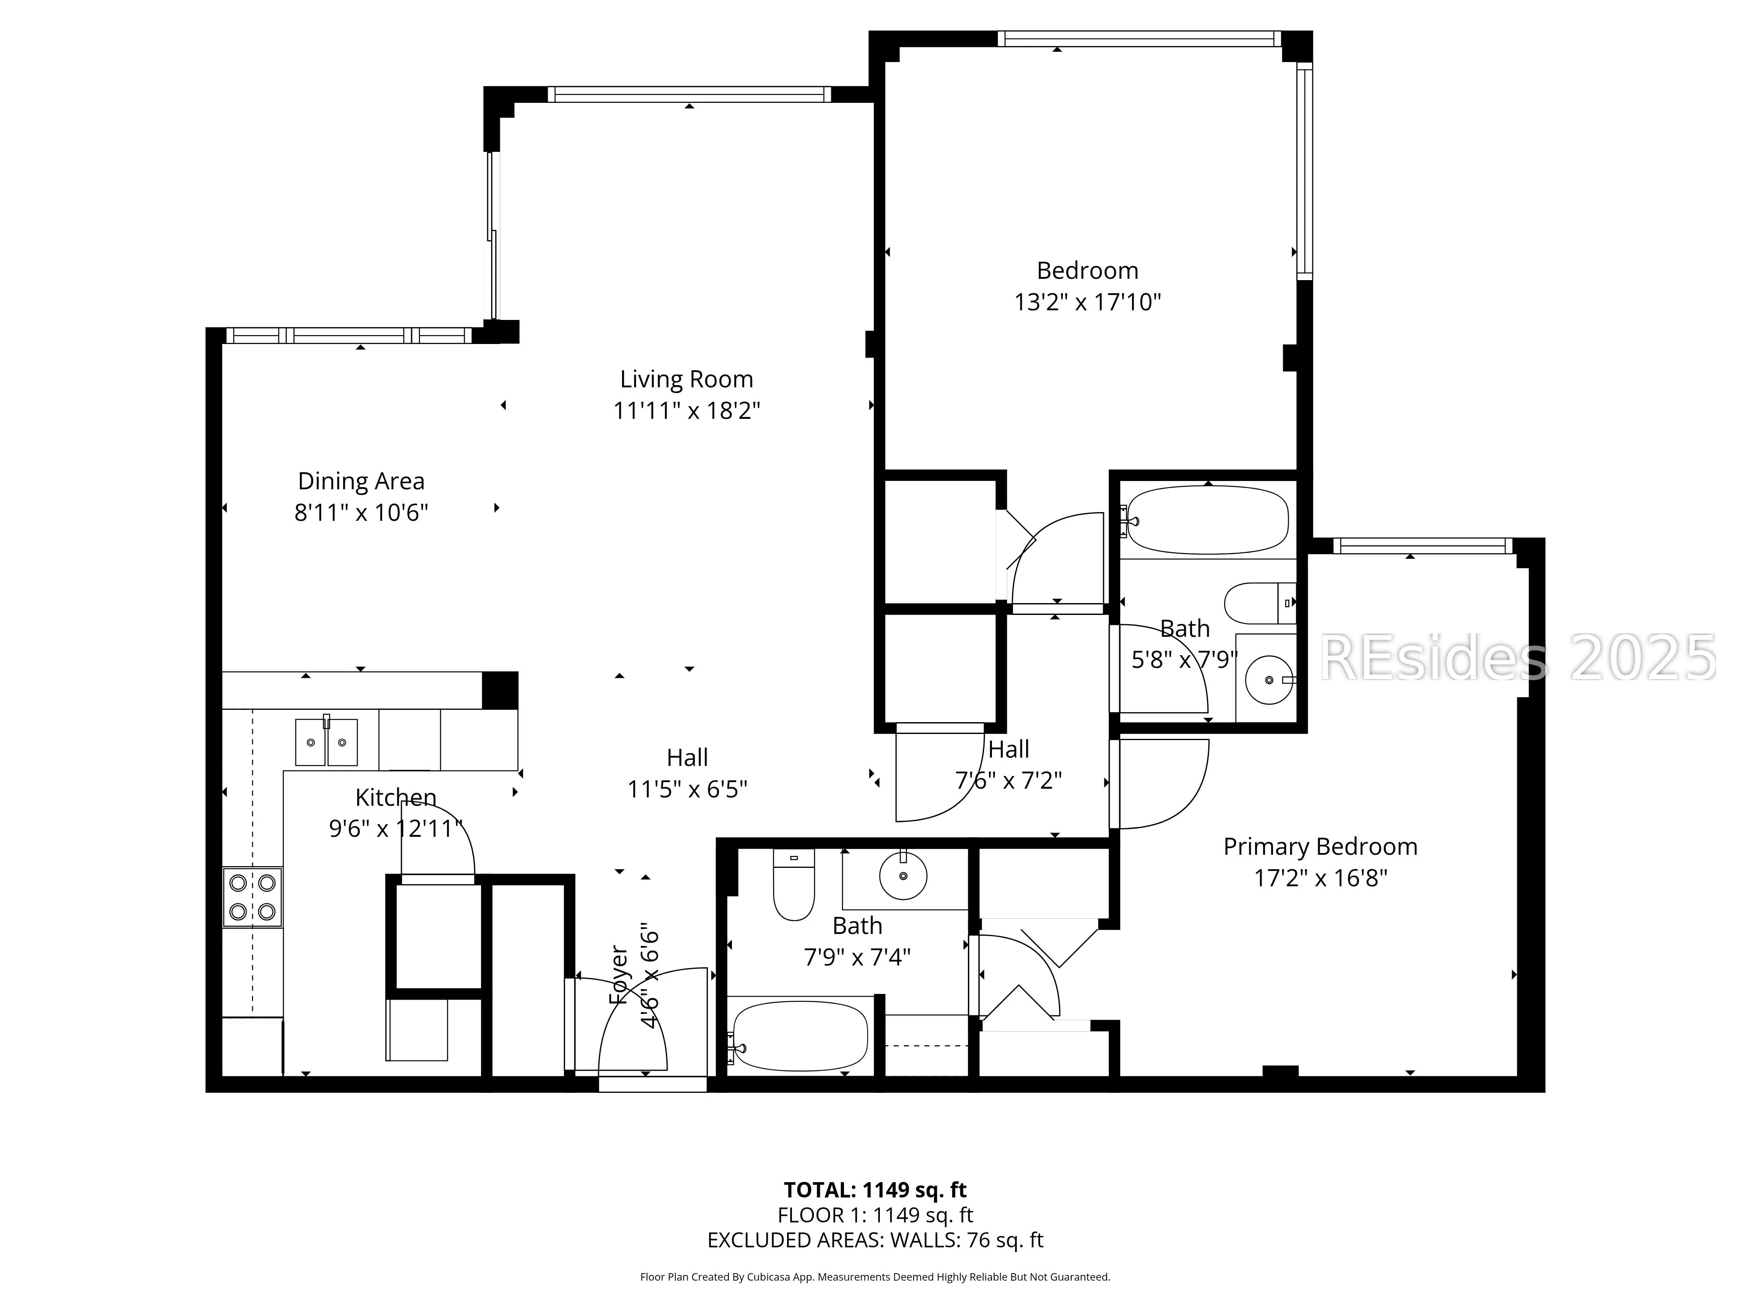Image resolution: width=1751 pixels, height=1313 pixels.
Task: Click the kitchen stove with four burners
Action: [x=253, y=897]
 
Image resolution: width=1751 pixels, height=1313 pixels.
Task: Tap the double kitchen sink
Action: [x=326, y=741]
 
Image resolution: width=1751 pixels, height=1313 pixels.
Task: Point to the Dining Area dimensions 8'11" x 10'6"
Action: [x=361, y=513]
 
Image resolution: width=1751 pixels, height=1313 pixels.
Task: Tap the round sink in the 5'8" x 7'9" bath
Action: [x=1269, y=680]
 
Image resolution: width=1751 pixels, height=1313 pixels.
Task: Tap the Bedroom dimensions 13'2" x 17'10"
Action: [x=1088, y=302]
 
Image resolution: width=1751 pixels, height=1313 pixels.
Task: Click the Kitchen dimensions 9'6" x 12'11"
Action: [x=396, y=829]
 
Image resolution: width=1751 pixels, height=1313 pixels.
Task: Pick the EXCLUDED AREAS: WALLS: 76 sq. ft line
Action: [x=875, y=1240]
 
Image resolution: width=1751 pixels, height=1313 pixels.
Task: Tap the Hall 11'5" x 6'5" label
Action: [x=687, y=773]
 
